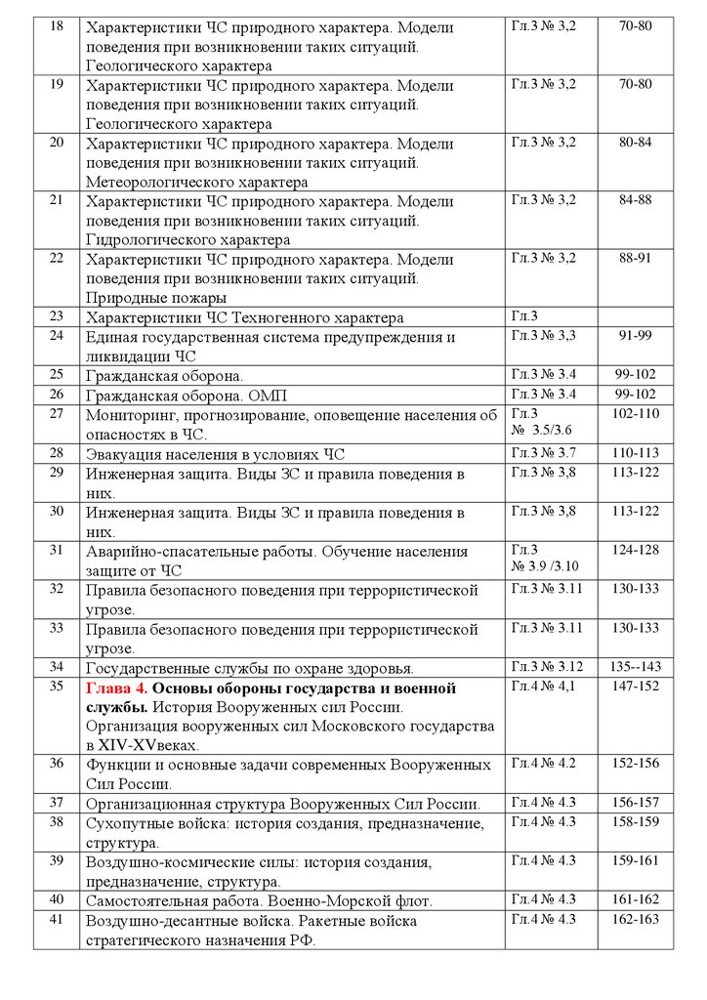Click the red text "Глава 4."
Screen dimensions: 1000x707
(116, 687)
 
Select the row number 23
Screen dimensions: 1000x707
(56, 316)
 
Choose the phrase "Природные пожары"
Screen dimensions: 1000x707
(156, 297)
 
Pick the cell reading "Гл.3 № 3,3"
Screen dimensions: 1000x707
(544, 336)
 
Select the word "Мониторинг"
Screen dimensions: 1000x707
(128, 415)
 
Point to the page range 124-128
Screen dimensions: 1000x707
(639, 551)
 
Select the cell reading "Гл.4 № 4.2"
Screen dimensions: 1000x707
(544, 764)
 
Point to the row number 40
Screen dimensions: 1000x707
(56, 899)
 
